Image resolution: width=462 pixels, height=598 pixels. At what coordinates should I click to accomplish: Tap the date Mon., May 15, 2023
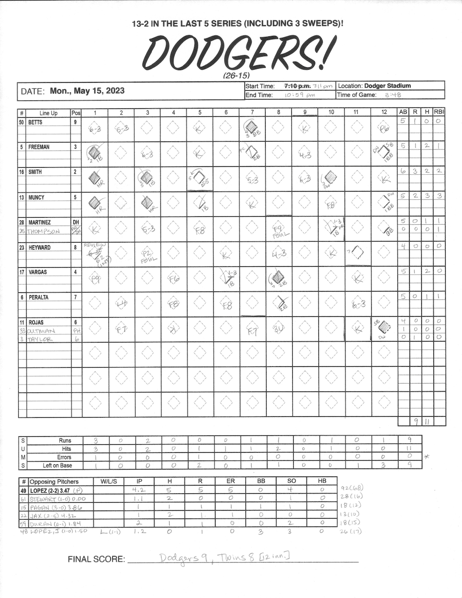coord(87,91)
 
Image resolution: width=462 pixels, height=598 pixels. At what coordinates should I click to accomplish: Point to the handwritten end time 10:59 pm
coord(300,95)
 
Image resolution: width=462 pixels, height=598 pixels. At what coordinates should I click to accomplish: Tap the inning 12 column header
coord(383,113)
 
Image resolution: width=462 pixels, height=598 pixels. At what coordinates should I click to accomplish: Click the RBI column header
coord(439,113)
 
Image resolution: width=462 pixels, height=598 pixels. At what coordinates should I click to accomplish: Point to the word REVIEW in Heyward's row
coord(95,244)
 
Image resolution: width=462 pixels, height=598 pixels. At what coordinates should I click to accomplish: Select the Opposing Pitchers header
coord(54,481)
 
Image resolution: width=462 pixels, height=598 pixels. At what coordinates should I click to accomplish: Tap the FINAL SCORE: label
coord(96,559)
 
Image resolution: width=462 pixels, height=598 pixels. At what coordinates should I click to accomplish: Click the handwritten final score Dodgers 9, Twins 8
coord(224,557)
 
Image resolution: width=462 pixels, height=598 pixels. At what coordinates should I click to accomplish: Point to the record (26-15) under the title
coord(237,75)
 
